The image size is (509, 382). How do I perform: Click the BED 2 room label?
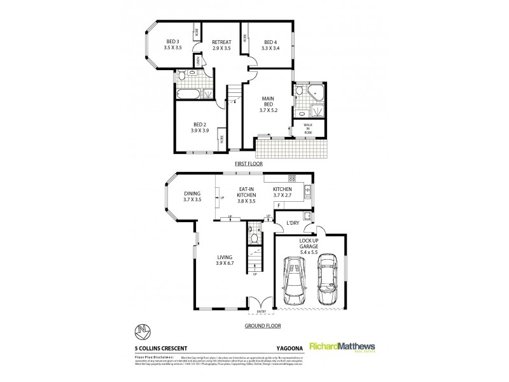pyautogui.click(x=199, y=127)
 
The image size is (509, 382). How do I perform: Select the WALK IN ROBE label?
pyautogui.click(x=308, y=128)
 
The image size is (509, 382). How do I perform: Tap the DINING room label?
pyautogui.click(x=192, y=196)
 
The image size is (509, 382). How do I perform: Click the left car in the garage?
pyautogui.click(x=294, y=280)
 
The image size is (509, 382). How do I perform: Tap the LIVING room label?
pyautogui.click(x=225, y=260)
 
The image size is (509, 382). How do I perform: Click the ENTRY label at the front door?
pyautogui.click(x=261, y=312)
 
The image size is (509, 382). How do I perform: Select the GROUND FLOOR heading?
pyautogui.click(x=260, y=325)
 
